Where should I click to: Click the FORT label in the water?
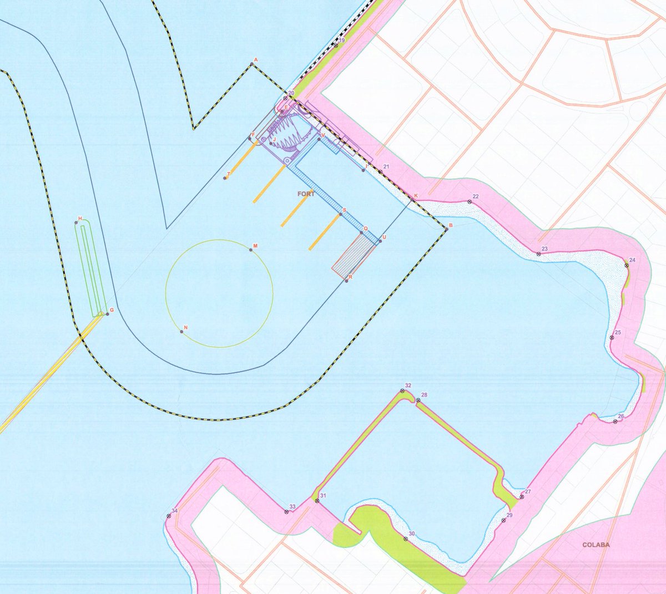(305, 194)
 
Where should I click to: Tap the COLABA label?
(596, 545)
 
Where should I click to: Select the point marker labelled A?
(251, 64)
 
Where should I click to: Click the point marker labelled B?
(446, 229)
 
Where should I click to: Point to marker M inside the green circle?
(251, 250)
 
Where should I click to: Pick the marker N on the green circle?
(181, 332)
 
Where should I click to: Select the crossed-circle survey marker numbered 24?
(627, 266)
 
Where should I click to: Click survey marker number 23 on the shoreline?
(538, 253)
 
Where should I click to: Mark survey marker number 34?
(169, 516)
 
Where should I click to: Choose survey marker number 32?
(402, 391)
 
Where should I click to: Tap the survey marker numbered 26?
(615, 422)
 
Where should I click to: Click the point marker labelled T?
(225, 178)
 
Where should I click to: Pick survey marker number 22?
(470, 202)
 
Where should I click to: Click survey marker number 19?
(336, 45)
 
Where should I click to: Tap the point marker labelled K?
(411, 199)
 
